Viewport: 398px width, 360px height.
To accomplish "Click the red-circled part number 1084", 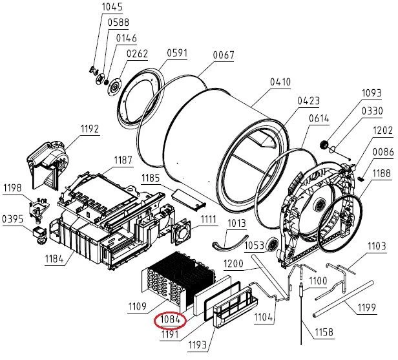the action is tap(171, 320).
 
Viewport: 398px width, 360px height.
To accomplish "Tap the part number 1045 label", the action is tap(112, 7).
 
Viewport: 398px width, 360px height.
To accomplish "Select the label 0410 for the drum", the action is tap(280, 82).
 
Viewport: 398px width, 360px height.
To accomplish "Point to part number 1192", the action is tap(90, 129).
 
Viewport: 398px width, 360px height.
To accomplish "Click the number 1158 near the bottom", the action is tap(324, 332).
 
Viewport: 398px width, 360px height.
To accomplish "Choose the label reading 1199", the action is tap(366, 308).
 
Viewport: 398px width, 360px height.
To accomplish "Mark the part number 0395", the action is tap(13, 219).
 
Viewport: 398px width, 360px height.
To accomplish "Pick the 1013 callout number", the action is tap(236, 224).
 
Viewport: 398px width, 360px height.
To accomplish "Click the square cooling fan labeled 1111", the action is tap(181, 233).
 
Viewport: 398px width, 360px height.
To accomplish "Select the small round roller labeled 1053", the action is tap(273, 245).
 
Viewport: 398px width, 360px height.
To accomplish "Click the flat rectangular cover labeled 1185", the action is tap(189, 199).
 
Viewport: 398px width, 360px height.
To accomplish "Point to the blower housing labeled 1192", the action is tap(47, 165).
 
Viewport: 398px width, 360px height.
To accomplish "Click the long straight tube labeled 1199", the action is tap(344, 299).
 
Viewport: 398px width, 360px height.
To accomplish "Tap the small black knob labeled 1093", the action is tap(324, 145).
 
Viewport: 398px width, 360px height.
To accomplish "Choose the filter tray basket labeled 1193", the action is tap(236, 308).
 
